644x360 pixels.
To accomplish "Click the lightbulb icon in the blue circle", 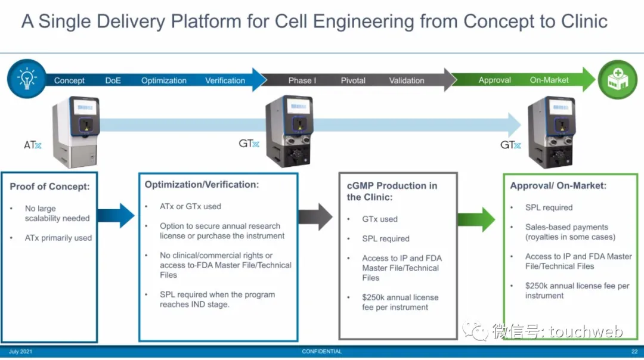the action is (27, 79).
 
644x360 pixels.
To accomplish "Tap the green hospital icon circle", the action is (617, 79).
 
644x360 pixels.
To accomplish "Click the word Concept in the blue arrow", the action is (69, 80).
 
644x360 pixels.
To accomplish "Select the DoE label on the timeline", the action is (113, 80).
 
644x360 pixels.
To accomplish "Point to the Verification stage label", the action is (225, 80).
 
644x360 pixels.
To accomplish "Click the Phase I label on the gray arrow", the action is (302, 80).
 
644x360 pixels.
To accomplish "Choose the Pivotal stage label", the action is (353, 80).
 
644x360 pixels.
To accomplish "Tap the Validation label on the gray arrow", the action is (407, 80).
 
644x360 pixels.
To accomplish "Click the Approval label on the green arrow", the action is (494, 80).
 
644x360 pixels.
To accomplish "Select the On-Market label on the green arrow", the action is (549, 80).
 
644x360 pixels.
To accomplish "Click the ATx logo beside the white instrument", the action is (32, 145).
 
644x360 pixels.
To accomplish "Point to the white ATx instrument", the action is (76, 132).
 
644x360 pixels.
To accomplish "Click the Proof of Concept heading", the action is (49, 187).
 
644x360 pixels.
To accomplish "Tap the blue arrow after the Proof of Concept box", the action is (116, 216).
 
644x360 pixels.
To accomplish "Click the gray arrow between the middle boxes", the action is (315, 216).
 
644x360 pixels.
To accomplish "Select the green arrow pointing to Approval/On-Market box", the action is (476, 219).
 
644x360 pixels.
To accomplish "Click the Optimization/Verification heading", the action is (202, 185).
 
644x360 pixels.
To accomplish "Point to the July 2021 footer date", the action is (20, 352).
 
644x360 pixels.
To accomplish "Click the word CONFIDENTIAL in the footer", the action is (321, 352).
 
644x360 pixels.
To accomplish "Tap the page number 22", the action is (634, 352).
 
